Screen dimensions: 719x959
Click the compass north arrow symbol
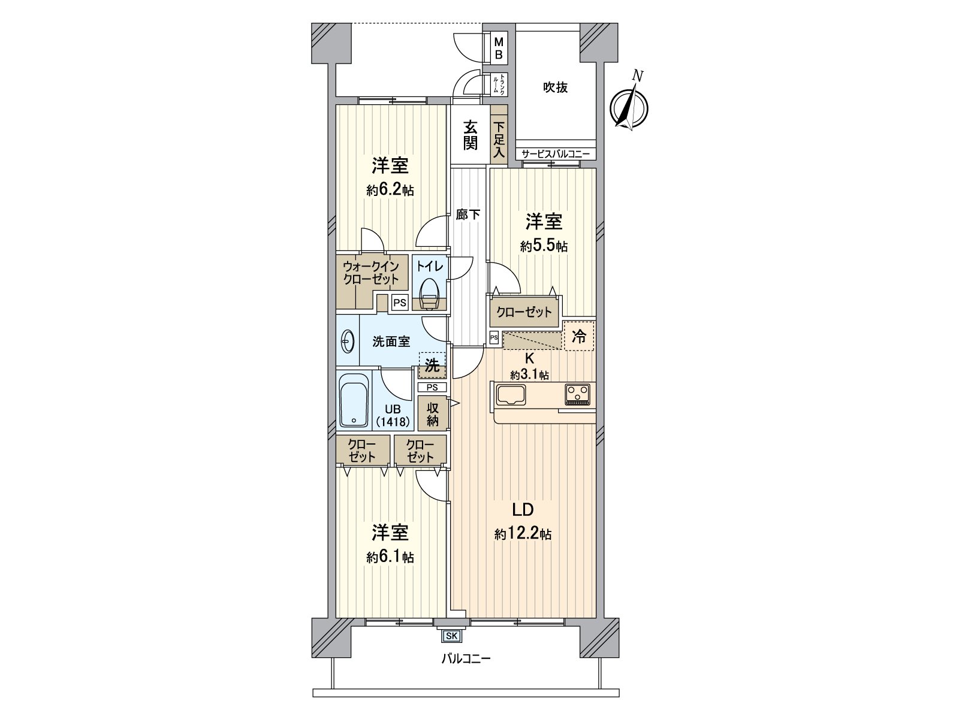[x=629, y=107]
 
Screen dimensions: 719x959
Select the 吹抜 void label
[x=556, y=87]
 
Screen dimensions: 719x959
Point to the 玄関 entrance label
[x=471, y=135]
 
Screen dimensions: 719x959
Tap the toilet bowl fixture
[x=430, y=294]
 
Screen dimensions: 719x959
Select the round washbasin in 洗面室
[x=347, y=343]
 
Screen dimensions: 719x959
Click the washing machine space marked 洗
[x=432, y=365]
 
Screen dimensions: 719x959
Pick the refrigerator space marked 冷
[x=579, y=336]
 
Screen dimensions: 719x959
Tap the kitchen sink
[x=511, y=395]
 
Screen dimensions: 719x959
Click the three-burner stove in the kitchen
[x=577, y=394]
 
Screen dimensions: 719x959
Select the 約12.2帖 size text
[x=523, y=534]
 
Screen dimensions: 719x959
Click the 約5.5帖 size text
[x=544, y=246]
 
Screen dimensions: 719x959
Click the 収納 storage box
[x=433, y=414]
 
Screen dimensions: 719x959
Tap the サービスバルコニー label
[x=556, y=155]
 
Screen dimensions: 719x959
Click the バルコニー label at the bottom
[x=466, y=660]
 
